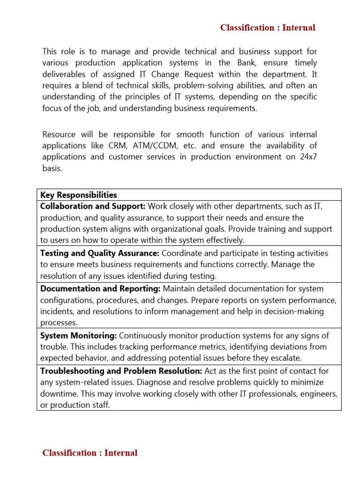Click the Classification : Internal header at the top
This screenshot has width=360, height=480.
point(268,28)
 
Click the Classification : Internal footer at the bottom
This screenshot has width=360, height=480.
point(90,453)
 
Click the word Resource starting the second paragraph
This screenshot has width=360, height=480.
point(59,135)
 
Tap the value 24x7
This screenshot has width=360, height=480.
point(307,157)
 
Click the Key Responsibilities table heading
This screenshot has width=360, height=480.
point(79,195)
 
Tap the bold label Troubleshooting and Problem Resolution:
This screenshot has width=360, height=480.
point(121,371)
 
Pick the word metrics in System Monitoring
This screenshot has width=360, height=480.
point(190,347)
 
